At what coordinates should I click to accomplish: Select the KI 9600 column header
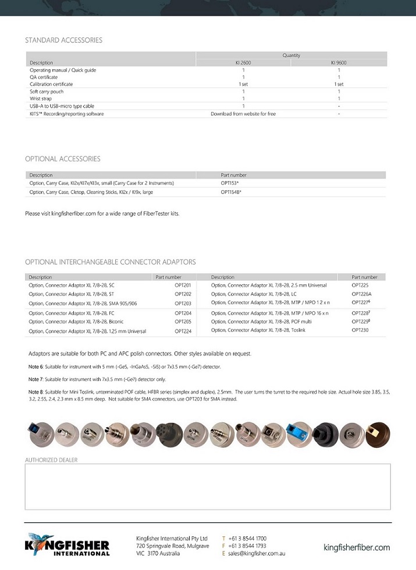(x=339, y=63)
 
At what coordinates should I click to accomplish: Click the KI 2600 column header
(x=243, y=63)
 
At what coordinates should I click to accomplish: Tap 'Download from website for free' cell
(x=243, y=114)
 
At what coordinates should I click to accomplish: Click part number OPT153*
(x=230, y=183)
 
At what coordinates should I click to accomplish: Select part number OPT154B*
(x=231, y=192)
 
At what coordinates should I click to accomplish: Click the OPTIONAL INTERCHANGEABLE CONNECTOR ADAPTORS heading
(x=110, y=262)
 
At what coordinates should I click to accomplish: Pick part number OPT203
(x=183, y=303)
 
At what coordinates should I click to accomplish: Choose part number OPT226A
(x=361, y=294)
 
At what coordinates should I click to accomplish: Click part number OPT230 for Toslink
(x=360, y=330)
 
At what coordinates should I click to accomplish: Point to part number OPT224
(x=183, y=331)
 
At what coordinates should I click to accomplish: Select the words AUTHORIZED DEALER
(x=51, y=460)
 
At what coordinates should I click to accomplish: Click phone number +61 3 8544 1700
(x=247, y=539)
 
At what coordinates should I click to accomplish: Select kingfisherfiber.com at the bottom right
(x=357, y=547)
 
